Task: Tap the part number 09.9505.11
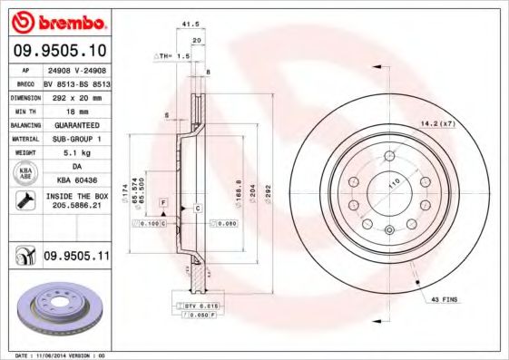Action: pos(75,258)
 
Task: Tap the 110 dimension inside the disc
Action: pos(394,183)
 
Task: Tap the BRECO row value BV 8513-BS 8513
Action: pos(78,83)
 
